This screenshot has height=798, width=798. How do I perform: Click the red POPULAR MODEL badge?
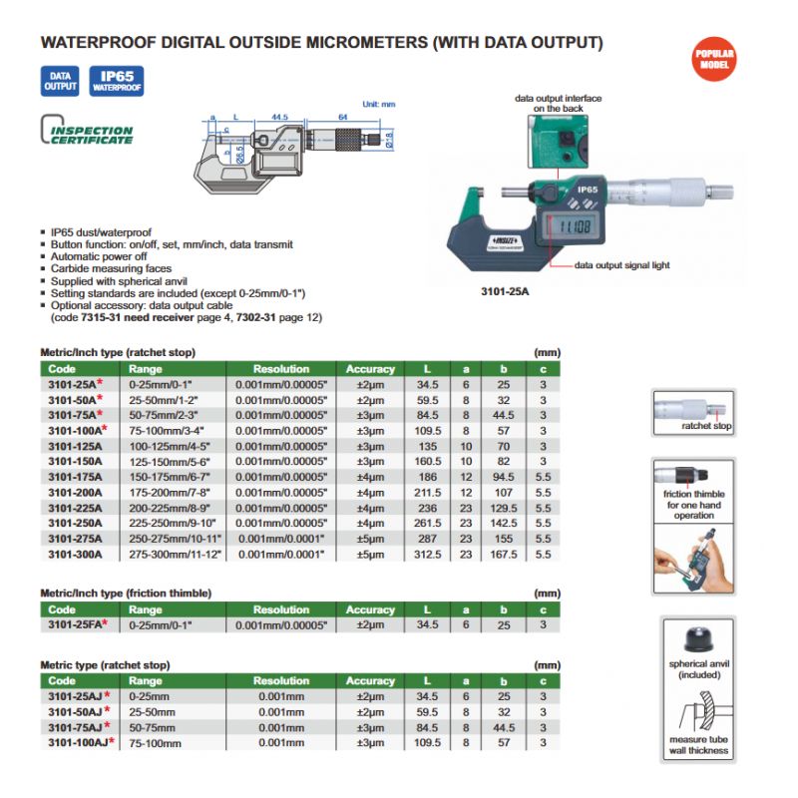[x=714, y=58]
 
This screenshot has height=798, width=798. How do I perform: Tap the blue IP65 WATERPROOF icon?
[x=118, y=81]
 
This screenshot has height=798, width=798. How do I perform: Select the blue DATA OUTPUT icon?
[x=59, y=81]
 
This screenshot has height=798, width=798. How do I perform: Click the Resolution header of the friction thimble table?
[x=280, y=609]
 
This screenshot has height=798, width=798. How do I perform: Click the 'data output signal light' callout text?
[x=621, y=265]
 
